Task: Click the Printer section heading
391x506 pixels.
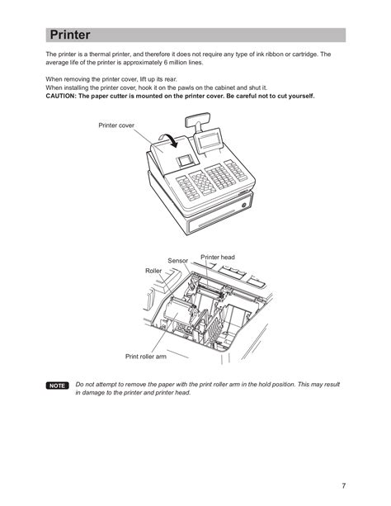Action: point(70,35)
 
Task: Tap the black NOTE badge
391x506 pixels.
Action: point(57,385)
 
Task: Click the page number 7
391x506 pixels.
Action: point(344,485)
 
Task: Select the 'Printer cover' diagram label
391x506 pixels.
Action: point(116,125)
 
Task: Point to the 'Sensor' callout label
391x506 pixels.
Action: point(177,260)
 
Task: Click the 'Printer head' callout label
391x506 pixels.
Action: point(218,258)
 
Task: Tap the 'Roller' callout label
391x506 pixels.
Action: point(153,271)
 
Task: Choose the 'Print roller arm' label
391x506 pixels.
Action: point(146,357)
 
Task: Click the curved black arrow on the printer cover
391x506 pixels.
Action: point(170,140)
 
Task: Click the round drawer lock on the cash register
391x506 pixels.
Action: point(244,205)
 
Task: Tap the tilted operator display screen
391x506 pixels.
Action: point(208,141)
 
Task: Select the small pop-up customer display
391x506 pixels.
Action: point(197,120)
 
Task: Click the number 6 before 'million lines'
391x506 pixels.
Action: point(166,63)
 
